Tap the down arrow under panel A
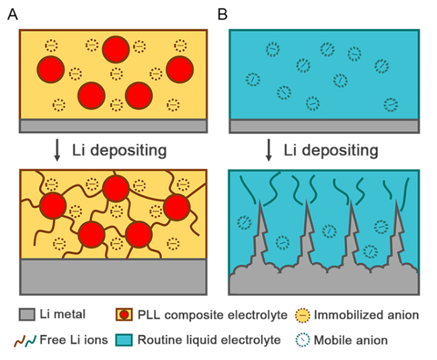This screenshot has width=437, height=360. pos(57,150)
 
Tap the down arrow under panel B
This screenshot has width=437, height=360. pos(269,150)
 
